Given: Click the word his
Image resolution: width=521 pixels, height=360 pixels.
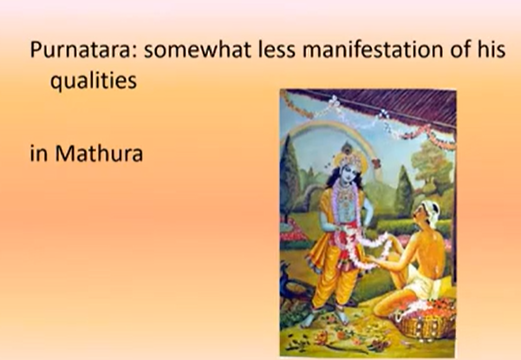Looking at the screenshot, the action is coord(491,49).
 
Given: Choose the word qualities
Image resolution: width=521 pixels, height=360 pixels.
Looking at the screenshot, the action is coord(94,80).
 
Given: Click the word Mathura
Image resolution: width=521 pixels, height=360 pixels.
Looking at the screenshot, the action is coord(99,154).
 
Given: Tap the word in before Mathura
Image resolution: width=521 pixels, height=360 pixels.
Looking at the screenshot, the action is coord(38,154).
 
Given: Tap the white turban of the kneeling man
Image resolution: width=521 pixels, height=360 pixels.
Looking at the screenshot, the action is coord(432,211).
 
